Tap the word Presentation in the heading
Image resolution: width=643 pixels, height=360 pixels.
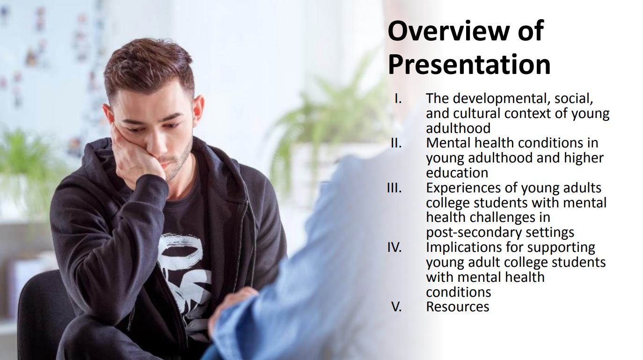pyautogui.click(x=469, y=65)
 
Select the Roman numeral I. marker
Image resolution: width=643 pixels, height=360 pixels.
pyautogui.click(x=398, y=98)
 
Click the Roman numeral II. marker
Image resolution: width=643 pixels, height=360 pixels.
pyautogui.click(x=396, y=143)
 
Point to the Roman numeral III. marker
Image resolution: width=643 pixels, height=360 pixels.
pyautogui.click(x=394, y=188)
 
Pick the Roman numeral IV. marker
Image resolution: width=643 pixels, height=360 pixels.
pyautogui.click(x=395, y=247)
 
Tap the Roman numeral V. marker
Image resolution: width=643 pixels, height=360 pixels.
pyautogui.click(x=396, y=307)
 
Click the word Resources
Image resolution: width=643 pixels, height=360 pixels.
pyautogui.click(x=457, y=307)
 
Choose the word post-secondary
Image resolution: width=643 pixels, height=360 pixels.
pyautogui.click(x=472, y=232)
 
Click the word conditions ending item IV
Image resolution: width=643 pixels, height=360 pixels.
pyautogui.click(x=458, y=292)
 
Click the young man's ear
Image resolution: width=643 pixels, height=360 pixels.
pyautogui.click(x=197, y=112)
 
